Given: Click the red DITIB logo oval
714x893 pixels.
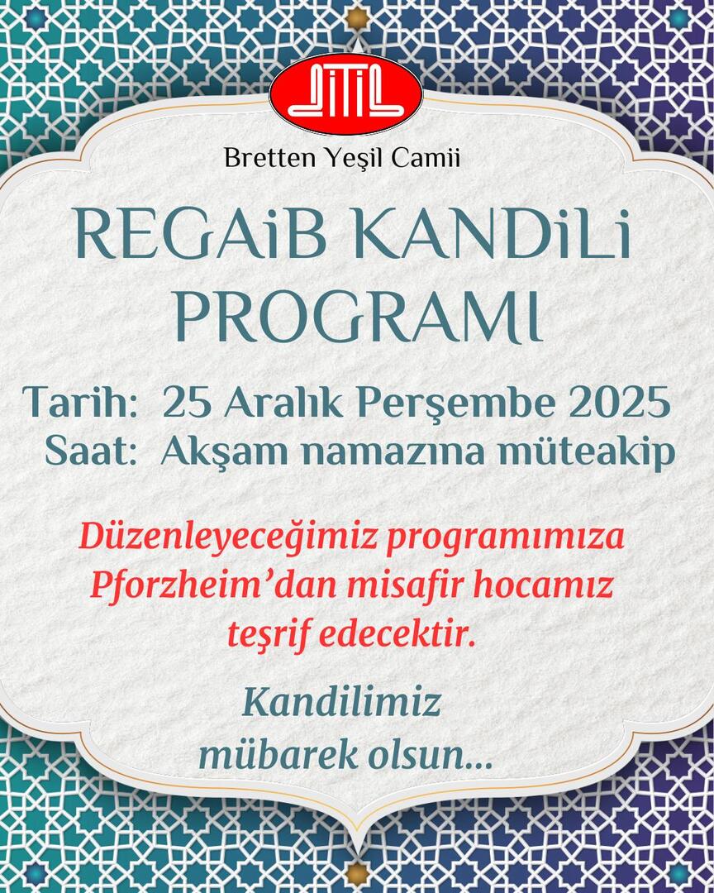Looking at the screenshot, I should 345,97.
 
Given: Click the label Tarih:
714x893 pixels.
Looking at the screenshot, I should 80,403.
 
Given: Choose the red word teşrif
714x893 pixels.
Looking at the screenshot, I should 267,635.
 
